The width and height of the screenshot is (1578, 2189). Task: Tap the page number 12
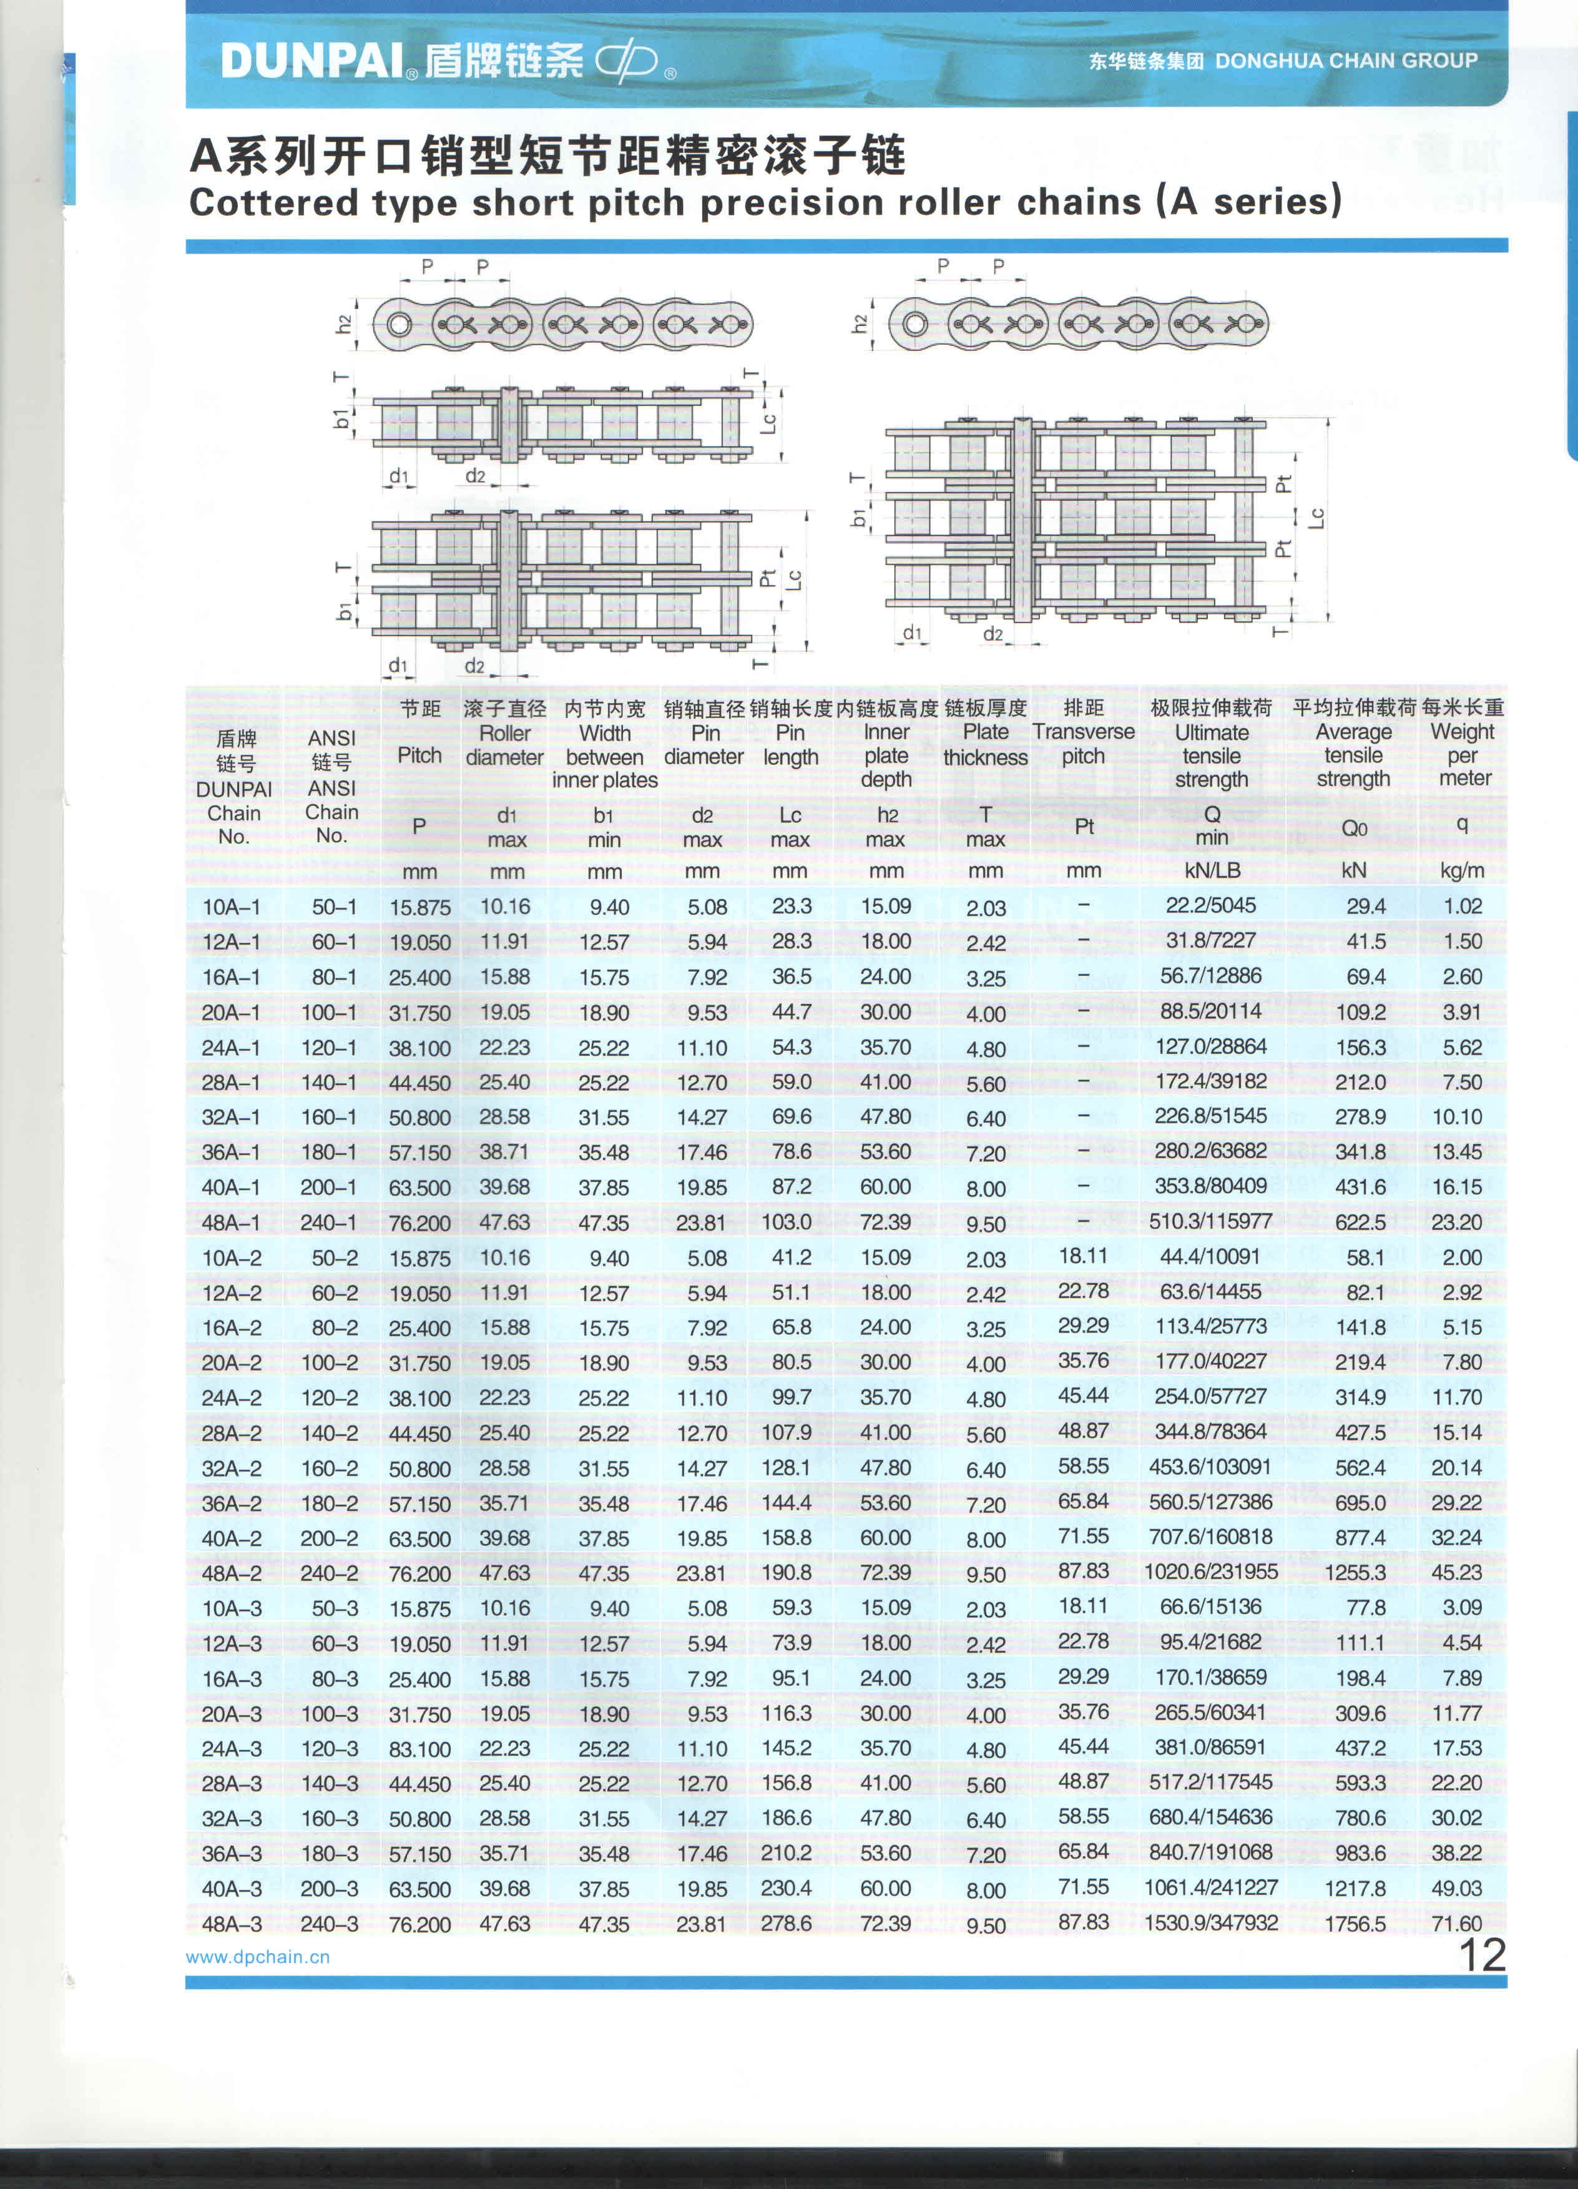point(1481,1955)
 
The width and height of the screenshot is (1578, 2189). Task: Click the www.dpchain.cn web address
point(258,1957)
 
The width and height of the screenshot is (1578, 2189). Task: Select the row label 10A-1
point(231,907)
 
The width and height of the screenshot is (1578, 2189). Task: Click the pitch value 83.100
point(420,1749)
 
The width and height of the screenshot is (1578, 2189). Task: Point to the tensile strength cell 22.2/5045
point(1210,905)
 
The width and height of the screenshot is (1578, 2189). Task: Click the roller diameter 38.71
point(505,1151)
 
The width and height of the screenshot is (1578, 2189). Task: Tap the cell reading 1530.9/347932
point(1210,1922)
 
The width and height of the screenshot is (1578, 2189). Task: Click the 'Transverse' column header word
point(1083,732)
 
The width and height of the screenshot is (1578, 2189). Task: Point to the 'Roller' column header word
point(505,732)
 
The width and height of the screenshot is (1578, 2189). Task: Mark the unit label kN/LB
point(1211,870)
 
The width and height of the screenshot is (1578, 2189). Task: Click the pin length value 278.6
point(786,1924)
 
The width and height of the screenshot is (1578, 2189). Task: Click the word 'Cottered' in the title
point(273,203)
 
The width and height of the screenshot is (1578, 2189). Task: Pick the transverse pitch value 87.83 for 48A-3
point(1083,1922)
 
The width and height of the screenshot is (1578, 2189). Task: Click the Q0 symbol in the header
point(1353,828)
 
